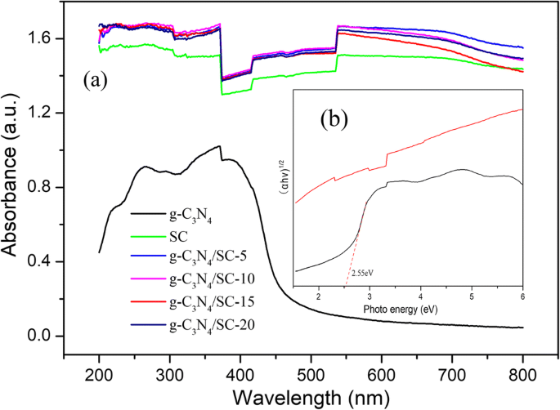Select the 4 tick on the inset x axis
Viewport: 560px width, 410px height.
420,297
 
